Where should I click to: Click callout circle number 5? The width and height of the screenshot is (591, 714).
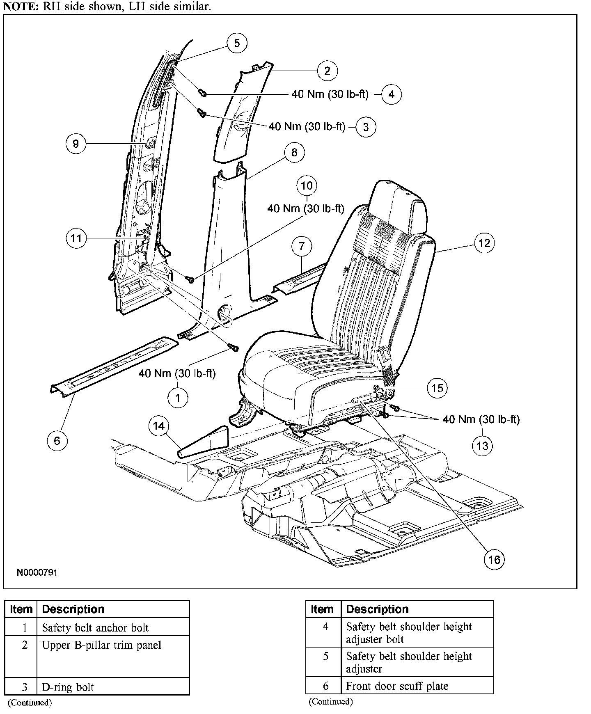237,43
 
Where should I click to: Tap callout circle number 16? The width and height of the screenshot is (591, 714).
494,559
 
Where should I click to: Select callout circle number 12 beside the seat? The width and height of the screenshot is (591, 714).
484,243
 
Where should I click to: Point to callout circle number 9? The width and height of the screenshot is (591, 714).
76,143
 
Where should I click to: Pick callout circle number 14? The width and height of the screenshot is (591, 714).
159,426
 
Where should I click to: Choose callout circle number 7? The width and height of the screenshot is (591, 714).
302,246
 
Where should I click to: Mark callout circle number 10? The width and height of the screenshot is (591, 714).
307,185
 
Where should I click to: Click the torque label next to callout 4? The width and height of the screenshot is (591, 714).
330,94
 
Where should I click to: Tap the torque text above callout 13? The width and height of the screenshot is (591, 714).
481,419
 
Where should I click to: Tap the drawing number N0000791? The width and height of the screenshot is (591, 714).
37,572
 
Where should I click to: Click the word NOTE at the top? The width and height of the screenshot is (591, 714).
20,7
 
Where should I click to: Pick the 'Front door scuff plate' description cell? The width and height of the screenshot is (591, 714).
397,686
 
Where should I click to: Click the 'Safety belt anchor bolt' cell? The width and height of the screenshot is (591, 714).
95,627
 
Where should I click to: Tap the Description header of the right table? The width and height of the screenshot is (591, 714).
377,609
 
